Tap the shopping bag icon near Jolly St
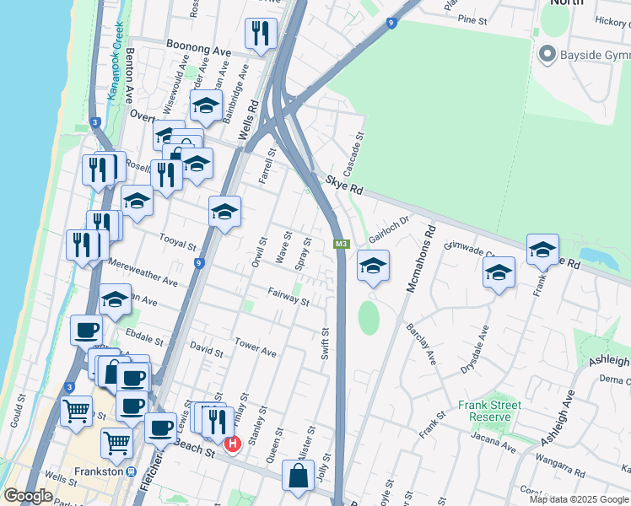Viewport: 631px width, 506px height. [x=299, y=476]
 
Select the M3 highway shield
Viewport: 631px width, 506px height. [x=341, y=245]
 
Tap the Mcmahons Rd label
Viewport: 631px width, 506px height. [x=420, y=258]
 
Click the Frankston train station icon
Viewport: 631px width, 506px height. [x=132, y=472]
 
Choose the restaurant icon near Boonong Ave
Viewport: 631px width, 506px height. [x=260, y=33]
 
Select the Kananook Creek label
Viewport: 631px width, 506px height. [x=115, y=61]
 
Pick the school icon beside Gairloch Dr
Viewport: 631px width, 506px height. [x=373, y=266]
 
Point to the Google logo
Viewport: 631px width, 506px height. [x=29, y=496]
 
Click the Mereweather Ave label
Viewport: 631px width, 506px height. [x=143, y=271]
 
